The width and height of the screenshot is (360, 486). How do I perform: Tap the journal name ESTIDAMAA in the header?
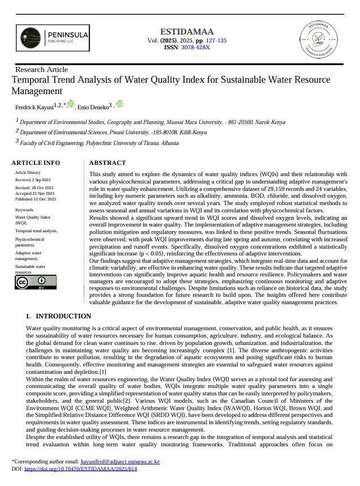coord(179,32)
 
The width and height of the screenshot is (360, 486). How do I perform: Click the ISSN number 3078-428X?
coord(195,48)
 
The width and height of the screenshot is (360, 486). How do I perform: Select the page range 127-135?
coord(215,40)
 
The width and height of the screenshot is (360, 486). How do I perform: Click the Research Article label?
coord(41,70)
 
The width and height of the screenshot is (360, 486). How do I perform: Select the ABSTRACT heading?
coord(108,163)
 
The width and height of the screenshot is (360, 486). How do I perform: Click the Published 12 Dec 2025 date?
coord(36,199)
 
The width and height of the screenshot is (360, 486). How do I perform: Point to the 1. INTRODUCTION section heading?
coord(58,316)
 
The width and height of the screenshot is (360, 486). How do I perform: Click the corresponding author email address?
coord(120,462)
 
